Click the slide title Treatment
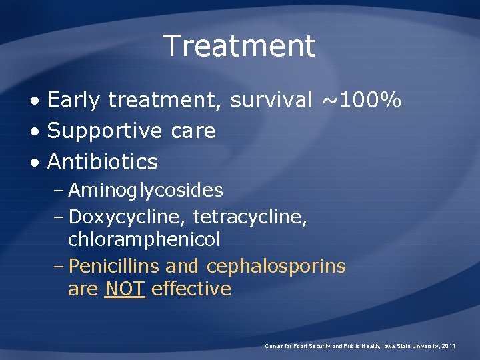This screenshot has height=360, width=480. click(239, 46)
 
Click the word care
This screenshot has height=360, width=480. click(193, 131)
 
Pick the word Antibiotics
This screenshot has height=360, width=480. click(103, 162)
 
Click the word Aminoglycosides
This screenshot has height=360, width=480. click(145, 191)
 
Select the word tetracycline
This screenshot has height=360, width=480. click(250, 217)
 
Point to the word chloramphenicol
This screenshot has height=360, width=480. click(144, 239)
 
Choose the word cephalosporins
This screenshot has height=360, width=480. click(276, 267)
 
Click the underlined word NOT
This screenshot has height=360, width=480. click(125, 289)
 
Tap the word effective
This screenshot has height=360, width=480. click(191, 289)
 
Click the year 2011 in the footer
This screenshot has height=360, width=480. click(449, 346)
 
